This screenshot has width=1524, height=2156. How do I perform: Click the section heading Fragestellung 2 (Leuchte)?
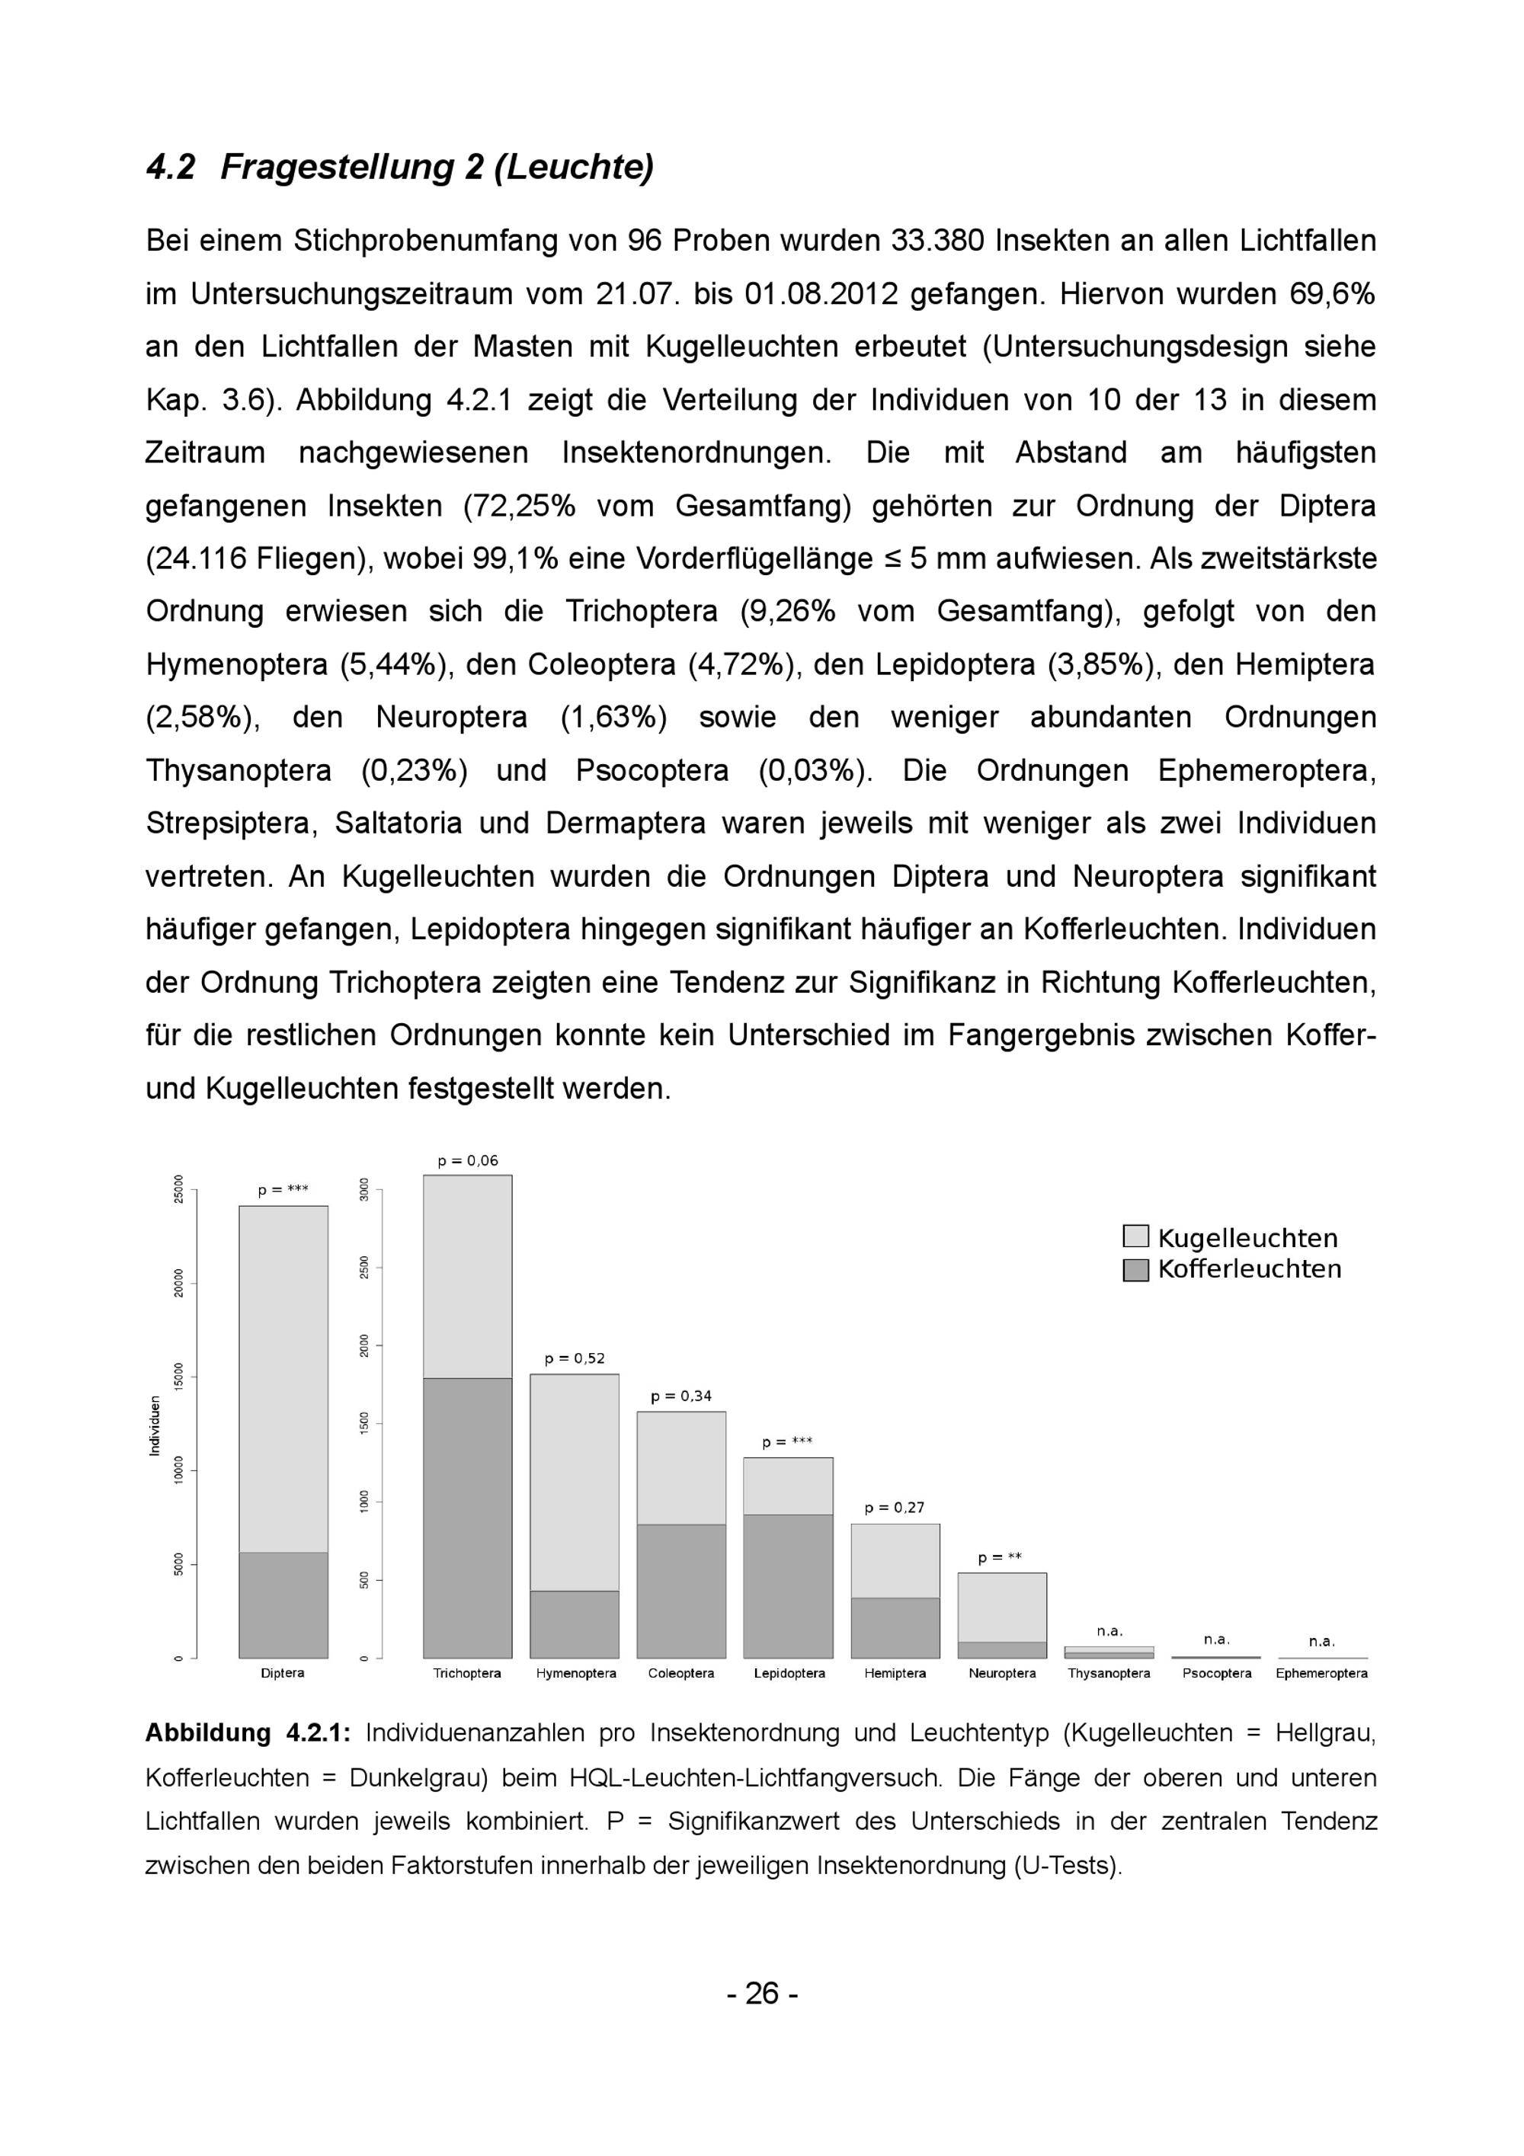tap(437, 167)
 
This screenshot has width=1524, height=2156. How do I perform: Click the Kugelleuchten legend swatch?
tap(1135, 1236)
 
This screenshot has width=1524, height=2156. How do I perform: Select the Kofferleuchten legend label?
tap(1249, 1269)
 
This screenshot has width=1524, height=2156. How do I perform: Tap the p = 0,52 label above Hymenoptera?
tap(575, 1359)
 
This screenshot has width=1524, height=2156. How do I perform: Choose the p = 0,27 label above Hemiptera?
tap(894, 1508)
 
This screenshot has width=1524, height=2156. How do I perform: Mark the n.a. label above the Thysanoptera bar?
tap(1109, 1631)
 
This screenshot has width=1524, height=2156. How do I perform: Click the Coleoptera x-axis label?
tap(680, 1673)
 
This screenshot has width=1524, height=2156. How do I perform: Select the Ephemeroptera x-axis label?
tap(1321, 1673)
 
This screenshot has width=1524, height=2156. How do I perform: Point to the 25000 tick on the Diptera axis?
tap(179, 1188)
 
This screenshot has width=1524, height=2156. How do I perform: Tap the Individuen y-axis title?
tap(155, 1425)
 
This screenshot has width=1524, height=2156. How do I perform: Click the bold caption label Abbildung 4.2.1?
tap(248, 1733)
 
